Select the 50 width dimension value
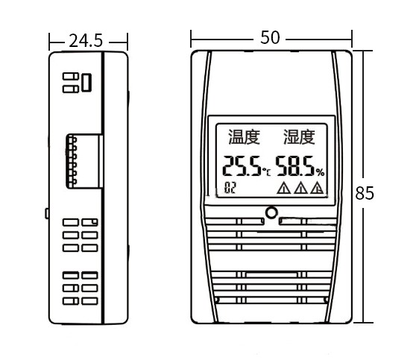271,37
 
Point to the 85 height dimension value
364,193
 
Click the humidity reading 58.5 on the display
295,166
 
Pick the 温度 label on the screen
243,137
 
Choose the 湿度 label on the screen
298,137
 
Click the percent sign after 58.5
320,172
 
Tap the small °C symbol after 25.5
266,172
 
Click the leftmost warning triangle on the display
283,189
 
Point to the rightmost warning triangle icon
317,189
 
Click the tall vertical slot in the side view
86,82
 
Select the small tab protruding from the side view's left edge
46,214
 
